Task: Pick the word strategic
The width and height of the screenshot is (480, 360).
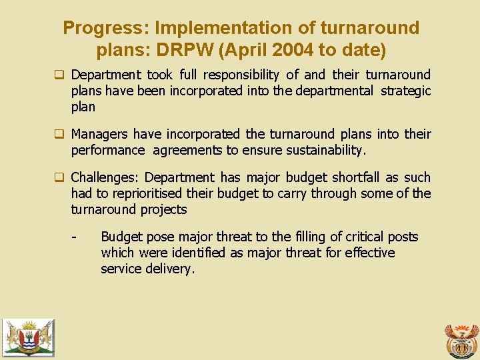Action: tap(405, 91)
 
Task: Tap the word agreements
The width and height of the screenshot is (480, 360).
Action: tap(188, 150)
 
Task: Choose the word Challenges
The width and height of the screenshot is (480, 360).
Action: tap(105, 177)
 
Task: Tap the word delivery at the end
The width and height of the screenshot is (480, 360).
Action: tap(171, 269)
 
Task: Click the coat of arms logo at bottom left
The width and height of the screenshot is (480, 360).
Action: tap(27, 337)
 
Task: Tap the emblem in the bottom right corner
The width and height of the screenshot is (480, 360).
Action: tap(461, 339)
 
